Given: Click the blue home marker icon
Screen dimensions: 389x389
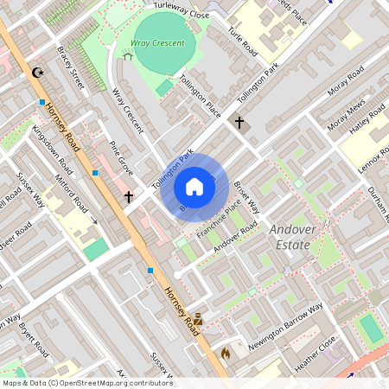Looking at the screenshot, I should point(194,187).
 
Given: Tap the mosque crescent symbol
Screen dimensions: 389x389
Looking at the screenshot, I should point(36,73).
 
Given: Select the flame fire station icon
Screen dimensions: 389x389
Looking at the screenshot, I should point(226,353).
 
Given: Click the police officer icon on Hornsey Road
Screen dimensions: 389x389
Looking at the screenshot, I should point(198,319).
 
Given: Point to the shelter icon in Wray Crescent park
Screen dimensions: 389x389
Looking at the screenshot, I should point(128,56).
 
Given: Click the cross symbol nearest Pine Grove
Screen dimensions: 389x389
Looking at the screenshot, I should point(129,197).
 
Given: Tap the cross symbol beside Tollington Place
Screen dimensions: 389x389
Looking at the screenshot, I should point(239,123).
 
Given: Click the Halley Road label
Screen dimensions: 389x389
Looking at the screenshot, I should point(366,122).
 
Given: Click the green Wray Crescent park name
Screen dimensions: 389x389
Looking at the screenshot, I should point(157,42).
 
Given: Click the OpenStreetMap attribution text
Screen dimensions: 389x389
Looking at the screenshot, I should point(87,383).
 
